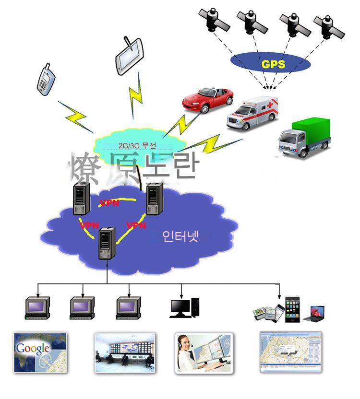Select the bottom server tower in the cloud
pyautogui.click(x=107, y=244)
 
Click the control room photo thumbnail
pyautogui.click(x=125, y=352)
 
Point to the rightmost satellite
pyautogui.click(x=328, y=26)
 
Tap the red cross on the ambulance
pyautogui.click(x=272, y=104)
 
